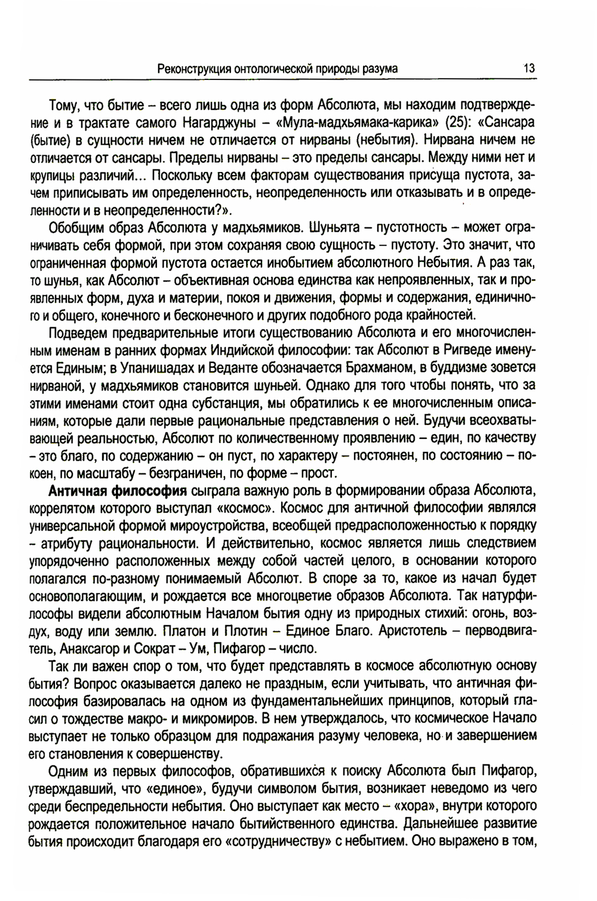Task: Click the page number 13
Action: (528, 69)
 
